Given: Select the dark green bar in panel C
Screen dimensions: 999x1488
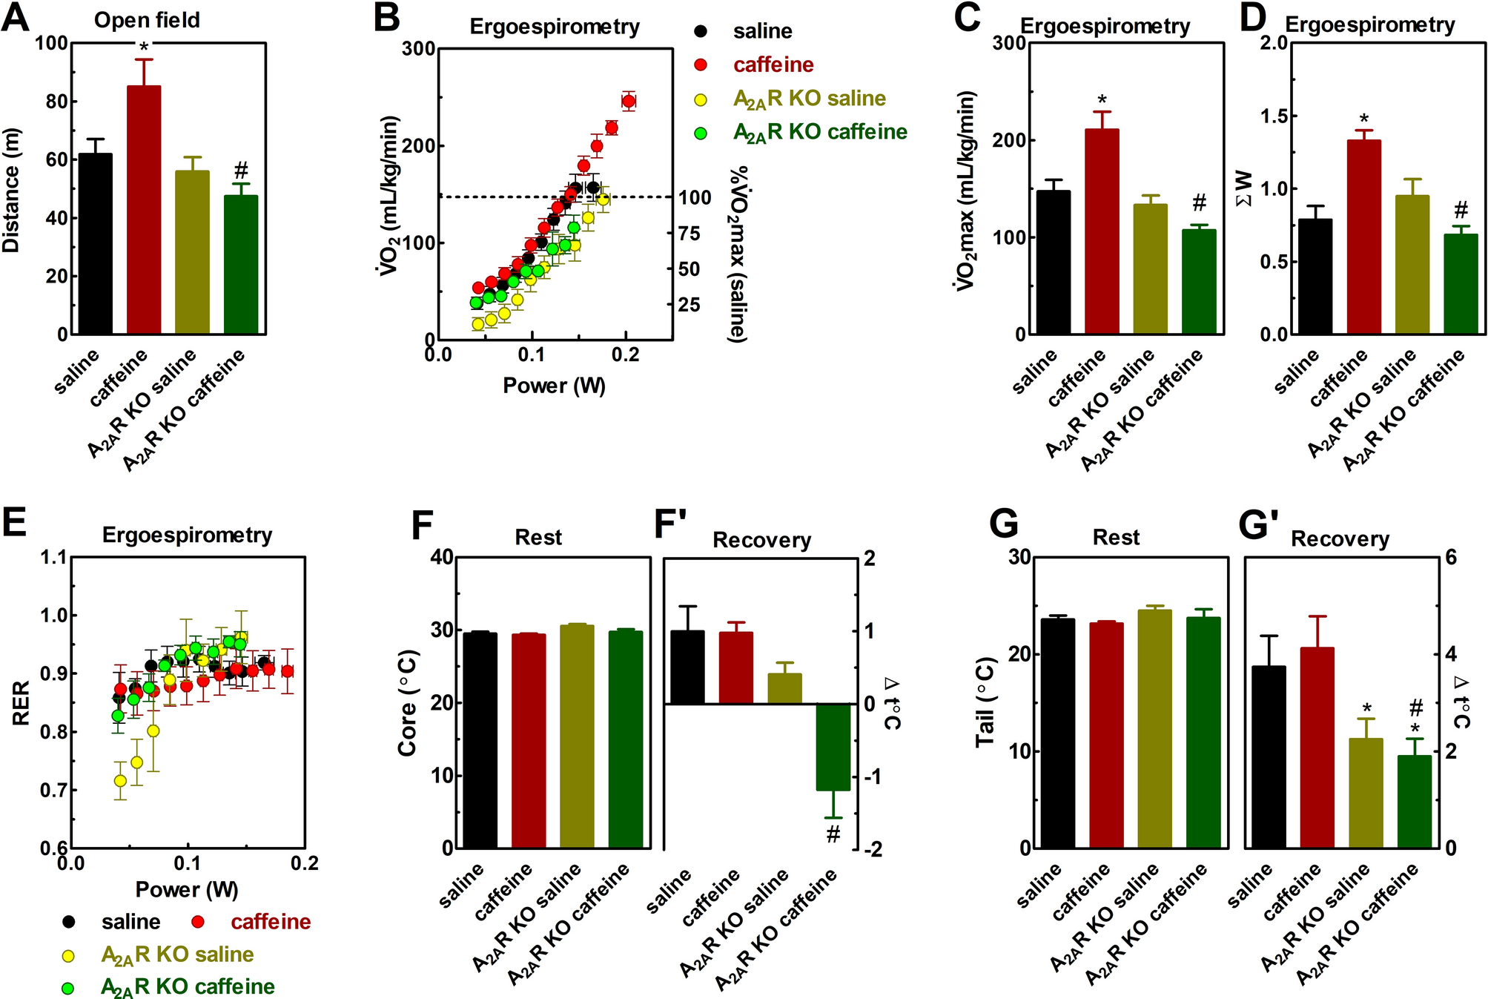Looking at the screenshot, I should (1199, 282).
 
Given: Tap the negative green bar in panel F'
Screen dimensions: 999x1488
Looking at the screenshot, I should (833, 747).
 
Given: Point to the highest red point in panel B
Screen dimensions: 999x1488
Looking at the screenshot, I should (629, 102).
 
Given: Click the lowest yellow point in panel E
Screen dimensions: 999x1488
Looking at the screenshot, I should (120, 781).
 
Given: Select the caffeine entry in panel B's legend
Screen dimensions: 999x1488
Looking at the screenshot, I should (773, 65).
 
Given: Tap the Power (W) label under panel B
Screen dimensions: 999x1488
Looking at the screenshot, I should (554, 386).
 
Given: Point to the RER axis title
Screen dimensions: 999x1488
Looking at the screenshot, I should (21, 702).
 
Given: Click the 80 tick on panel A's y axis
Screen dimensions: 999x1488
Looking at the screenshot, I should (56, 102).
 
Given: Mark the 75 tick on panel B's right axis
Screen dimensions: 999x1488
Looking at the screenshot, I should (690, 234).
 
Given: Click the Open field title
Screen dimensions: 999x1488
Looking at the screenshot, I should (147, 20).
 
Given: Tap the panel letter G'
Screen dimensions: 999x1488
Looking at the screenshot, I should (1258, 524).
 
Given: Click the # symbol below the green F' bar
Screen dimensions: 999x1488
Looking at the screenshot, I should (833, 835).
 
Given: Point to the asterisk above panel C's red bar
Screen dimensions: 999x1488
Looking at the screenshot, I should (1102, 100).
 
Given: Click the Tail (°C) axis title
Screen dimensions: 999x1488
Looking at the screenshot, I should (985, 702).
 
